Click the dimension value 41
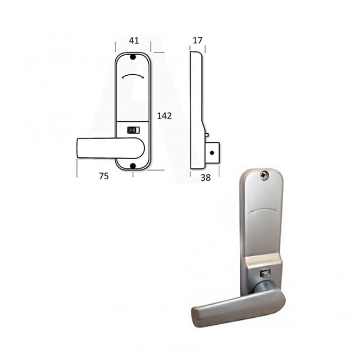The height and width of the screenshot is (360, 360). click(134, 41)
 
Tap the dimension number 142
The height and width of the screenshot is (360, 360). click(165, 116)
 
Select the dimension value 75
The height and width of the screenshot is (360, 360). click(104, 176)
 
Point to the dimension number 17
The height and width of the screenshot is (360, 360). click(198, 41)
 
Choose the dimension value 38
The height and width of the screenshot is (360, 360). click(206, 178)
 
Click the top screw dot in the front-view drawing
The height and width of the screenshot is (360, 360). click(133, 57)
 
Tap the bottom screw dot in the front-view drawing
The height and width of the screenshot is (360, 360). click(133, 166)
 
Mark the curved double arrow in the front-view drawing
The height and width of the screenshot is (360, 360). click(133, 76)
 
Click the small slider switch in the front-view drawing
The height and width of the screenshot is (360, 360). click(133, 130)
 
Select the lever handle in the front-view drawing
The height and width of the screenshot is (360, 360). click(110, 148)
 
